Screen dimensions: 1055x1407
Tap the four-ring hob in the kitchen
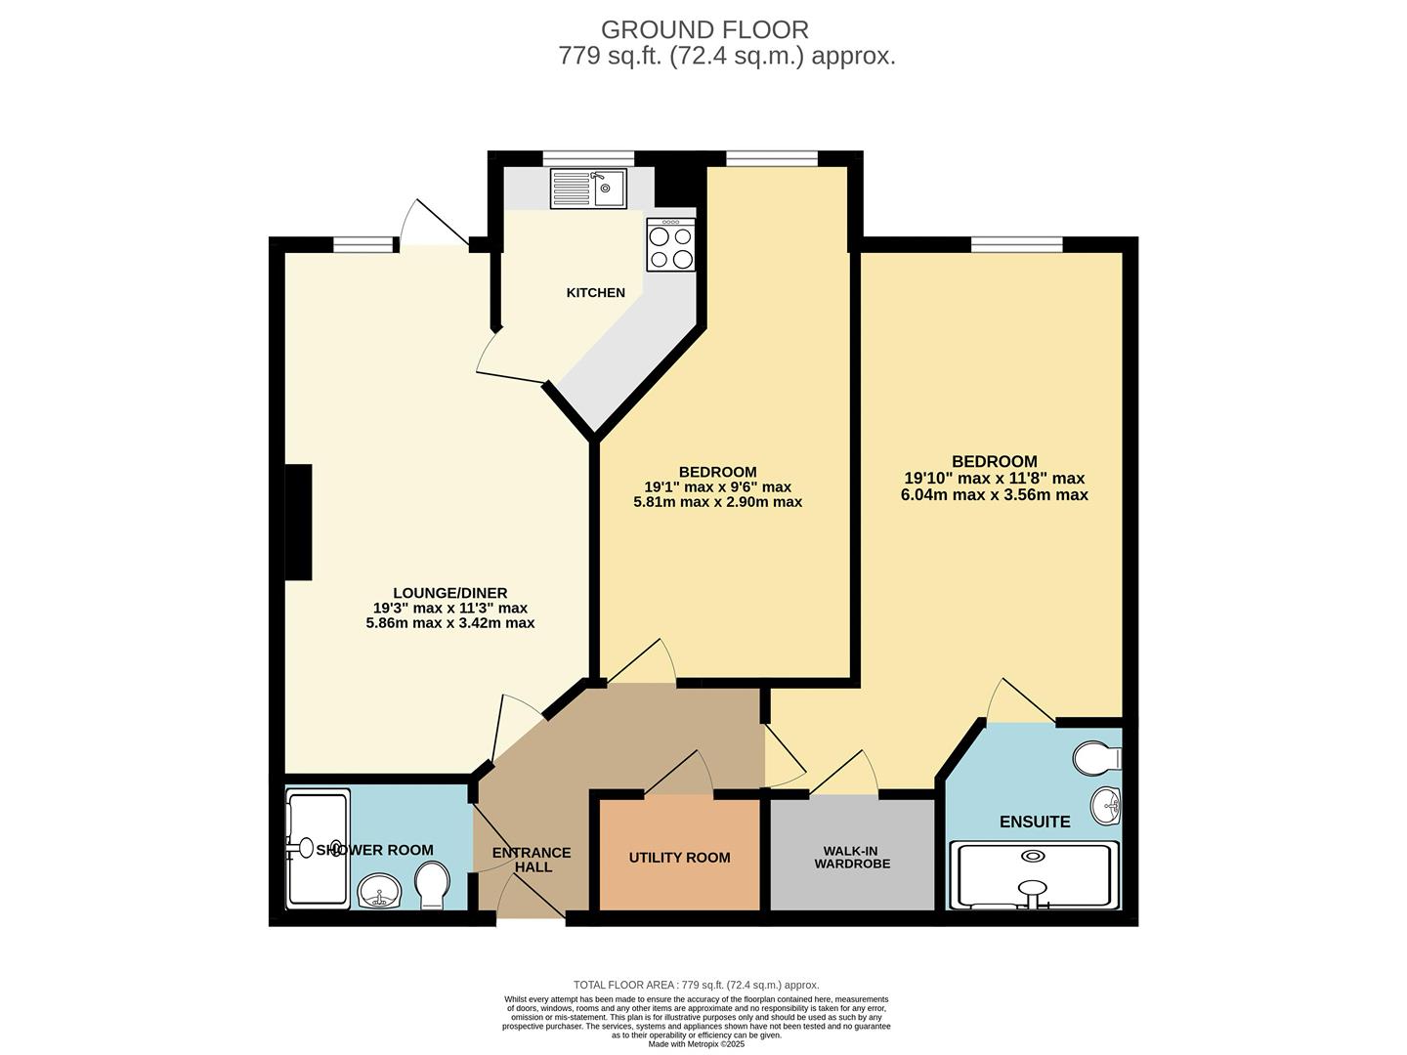point(670,245)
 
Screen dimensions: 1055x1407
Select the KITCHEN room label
point(596,293)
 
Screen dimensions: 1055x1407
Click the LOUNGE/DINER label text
point(450,593)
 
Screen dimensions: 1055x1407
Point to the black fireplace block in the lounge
point(299,523)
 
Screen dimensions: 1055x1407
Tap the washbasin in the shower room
point(379,891)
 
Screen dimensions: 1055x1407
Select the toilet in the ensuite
point(1097,757)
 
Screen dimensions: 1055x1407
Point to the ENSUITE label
point(1035,823)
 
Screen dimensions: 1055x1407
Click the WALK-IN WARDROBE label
point(852,858)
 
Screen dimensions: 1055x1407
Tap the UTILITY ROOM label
point(679,858)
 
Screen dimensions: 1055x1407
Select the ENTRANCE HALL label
point(532,860)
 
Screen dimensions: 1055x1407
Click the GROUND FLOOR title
point(704,30)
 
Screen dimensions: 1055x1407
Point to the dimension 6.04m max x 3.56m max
point(995,495)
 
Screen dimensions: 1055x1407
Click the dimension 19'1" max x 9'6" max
point(718,487)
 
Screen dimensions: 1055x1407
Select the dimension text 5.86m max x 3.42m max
point(450,622)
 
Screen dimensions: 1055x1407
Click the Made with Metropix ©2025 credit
point(697,1044)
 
